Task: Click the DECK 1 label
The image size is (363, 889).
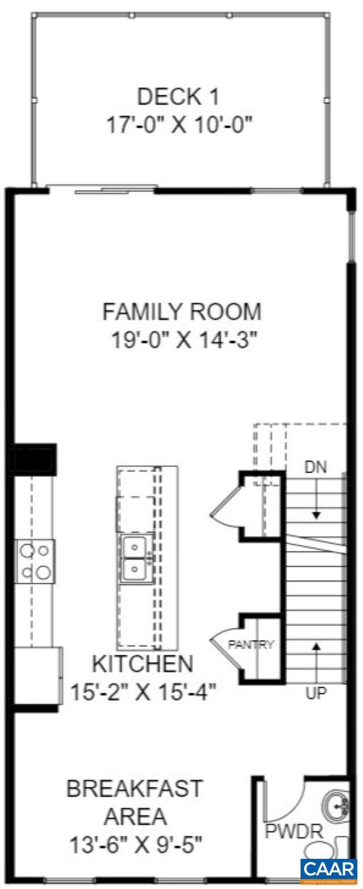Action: [178, 97]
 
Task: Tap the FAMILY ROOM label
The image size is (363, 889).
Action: [182, 311]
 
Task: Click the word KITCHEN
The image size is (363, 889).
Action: [142, 663]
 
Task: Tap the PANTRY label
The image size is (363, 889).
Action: [250, 645]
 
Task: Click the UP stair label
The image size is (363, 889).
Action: [316, 693]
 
